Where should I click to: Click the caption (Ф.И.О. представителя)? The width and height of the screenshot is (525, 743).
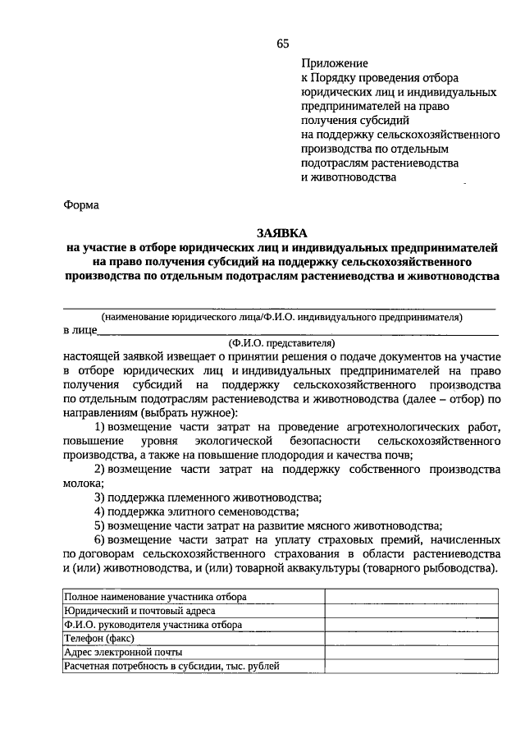point(281,343)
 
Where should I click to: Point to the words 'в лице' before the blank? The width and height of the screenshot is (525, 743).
point(80,331)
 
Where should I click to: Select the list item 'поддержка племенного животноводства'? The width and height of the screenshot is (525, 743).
point(212,498)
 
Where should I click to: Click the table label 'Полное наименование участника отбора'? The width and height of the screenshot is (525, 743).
point(156,597)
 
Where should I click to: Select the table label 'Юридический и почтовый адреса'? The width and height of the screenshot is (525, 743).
point(140,611)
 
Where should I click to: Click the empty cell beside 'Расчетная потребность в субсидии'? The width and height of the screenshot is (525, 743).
point(411,666)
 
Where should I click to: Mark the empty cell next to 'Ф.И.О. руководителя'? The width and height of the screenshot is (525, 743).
point(411,624)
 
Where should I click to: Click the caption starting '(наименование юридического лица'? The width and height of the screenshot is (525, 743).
point(281,317)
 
